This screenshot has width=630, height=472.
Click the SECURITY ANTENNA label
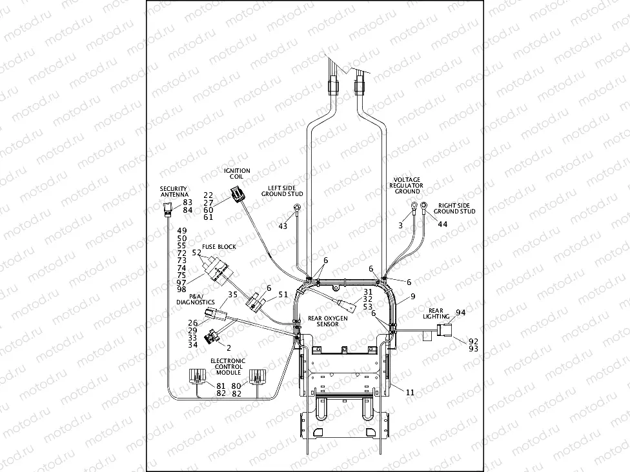click(174, 192)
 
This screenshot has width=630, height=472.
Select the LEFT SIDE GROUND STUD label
click(282, 190)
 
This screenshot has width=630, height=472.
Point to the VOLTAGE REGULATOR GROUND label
click(407, 185)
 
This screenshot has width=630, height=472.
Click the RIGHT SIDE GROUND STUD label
click(454, 208)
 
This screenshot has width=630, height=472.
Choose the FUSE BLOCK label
click(219, 246)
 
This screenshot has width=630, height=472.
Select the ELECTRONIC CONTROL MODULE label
click(227, 366)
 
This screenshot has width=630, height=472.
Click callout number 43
click(283, 226)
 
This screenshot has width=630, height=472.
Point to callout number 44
click(442, 224)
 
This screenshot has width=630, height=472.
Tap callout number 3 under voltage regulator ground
click(400, 225)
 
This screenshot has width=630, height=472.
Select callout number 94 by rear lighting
click(460, 312)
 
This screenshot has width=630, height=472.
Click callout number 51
click(283, 295)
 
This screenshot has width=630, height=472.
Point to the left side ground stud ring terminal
click(298, 207)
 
